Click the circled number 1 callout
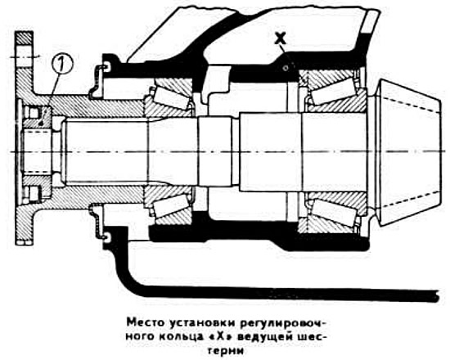[62, 64]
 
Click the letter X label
[280, 38]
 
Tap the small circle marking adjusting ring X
[286, 68]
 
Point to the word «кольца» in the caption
[180, 337]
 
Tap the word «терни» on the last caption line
[229, 350]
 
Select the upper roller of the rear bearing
[334, 95]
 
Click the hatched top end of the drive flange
[25, 38]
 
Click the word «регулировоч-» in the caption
[283, 322]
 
